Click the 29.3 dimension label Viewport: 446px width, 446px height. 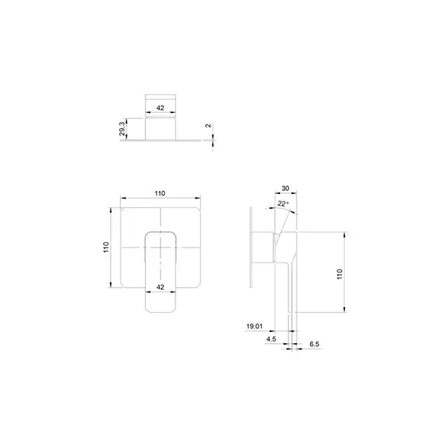coord(122,129)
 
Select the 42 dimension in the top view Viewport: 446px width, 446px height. coord(161,108)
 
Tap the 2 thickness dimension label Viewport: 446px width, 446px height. coord(208,126)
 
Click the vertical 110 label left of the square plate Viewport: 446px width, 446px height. coord(106,248)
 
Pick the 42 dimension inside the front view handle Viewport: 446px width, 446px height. coord(161,287)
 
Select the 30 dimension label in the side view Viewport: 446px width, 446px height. coord(285,188)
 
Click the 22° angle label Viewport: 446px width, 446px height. coord(283,204)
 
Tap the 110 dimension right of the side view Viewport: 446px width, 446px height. coord(340,274)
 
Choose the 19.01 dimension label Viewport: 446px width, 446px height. coord(254,326)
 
